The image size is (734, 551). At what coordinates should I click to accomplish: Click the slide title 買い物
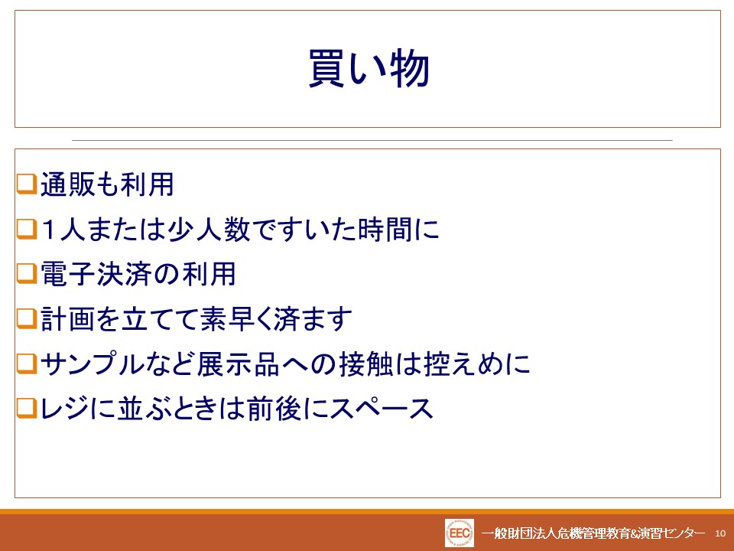pyautogui.click(x=369, y=68)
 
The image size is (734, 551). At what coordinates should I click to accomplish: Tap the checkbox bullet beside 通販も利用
pyautogui.click(x=27, y=184)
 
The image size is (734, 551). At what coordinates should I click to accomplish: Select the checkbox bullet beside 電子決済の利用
pyautogui.click(x=27, y=274)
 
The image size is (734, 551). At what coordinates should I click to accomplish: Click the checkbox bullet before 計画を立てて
pyautogui.click(x=27, y=318)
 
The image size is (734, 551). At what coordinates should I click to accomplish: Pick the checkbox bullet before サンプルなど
pyautogui.click(x=27, y=364)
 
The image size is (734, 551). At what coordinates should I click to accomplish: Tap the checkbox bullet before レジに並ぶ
pyautogui.click(x=27, y=408)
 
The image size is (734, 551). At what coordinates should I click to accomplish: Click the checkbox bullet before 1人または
pyautogui.click(x=27, y=229)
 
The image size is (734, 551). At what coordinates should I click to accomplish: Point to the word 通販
pyautogui.click(x=67, y=184)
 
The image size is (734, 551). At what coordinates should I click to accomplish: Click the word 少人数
pyautogui.click(x=209, y=229)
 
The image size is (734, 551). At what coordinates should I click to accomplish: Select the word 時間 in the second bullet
pyautogui.click(x=385, y=229)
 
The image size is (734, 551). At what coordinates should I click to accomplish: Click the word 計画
pyautogui.click(x=67, y=319)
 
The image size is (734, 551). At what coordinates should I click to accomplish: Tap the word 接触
pyautogui.click(x=366, y=364)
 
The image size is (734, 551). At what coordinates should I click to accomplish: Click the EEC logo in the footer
pyautogui.click(x=460, y=533)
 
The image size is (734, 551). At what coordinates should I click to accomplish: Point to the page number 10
pyautogui.click(x=720, y=533)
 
